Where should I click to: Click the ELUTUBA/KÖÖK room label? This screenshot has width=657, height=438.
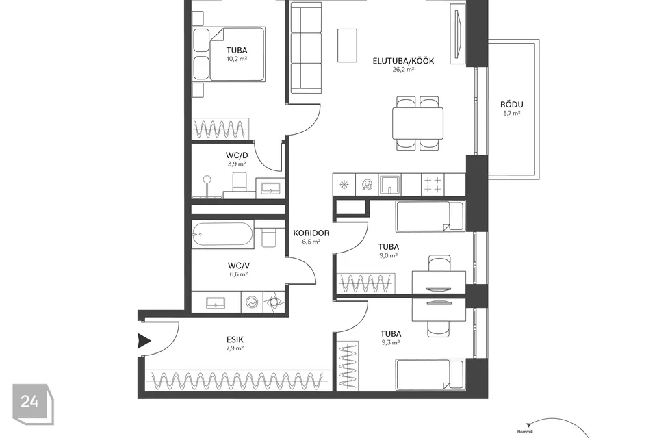(x=403, y=61)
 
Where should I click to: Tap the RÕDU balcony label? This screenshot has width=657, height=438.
(x=512, y=105)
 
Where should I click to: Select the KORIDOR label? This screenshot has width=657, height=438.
(x=311, y=233)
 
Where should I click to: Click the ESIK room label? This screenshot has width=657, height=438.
(x=235, y=339)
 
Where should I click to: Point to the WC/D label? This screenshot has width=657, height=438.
(x=237, y=155)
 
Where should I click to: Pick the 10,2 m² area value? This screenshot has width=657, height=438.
(x=237, y=59)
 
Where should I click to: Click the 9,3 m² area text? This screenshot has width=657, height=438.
(x=391, y=342)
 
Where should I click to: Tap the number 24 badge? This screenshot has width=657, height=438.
(x=30, y=402)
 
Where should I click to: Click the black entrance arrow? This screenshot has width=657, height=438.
(x=144, y=341)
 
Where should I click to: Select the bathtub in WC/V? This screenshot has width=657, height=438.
(x=222, y=234)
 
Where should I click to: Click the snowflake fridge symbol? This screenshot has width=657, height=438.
(x=344, y=184)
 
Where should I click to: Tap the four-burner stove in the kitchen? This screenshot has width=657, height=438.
(x=433, y=184)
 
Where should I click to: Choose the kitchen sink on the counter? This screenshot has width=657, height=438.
(x=389, y=184)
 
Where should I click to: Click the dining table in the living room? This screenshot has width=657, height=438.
(x=417, y=123)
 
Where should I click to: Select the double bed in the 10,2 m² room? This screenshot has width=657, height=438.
(x=229, y=55)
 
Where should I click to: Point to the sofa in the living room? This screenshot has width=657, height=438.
(x=307, y=48)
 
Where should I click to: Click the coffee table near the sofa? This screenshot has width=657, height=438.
(x=348, y=46)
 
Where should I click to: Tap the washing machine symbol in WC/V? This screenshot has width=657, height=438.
(x=252, y=302)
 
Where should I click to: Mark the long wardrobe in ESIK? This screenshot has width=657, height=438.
(x=237, y=381)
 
